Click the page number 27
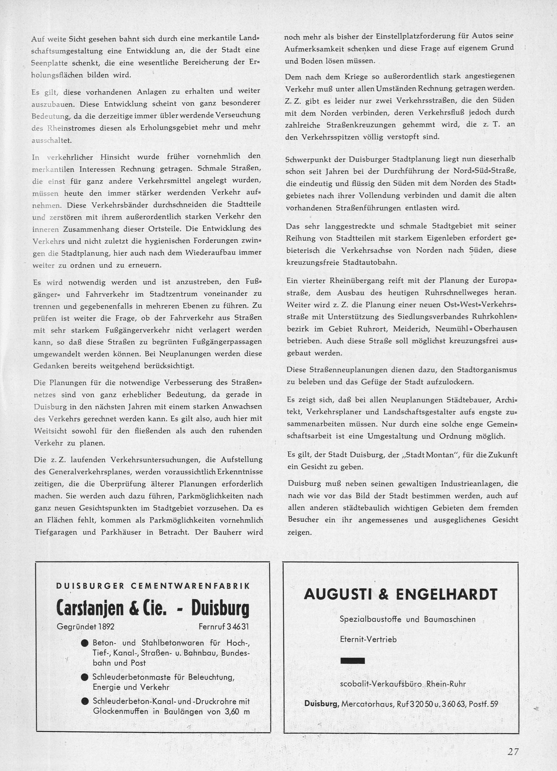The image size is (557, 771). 512,749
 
